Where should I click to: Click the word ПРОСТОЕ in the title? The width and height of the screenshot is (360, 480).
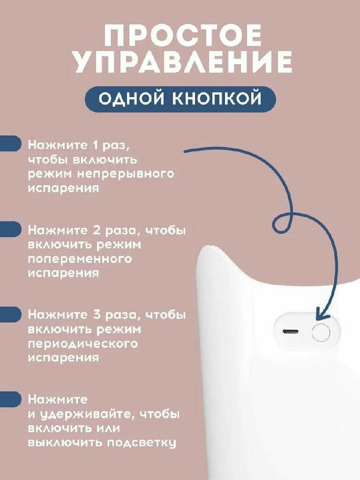183,36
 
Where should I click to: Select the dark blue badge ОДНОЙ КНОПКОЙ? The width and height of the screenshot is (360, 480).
180,99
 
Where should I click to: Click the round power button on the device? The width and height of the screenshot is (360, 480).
321,332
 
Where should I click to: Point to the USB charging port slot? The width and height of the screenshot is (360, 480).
290,332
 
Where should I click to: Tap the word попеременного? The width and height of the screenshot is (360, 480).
80,259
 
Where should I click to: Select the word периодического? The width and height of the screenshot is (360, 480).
83,344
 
